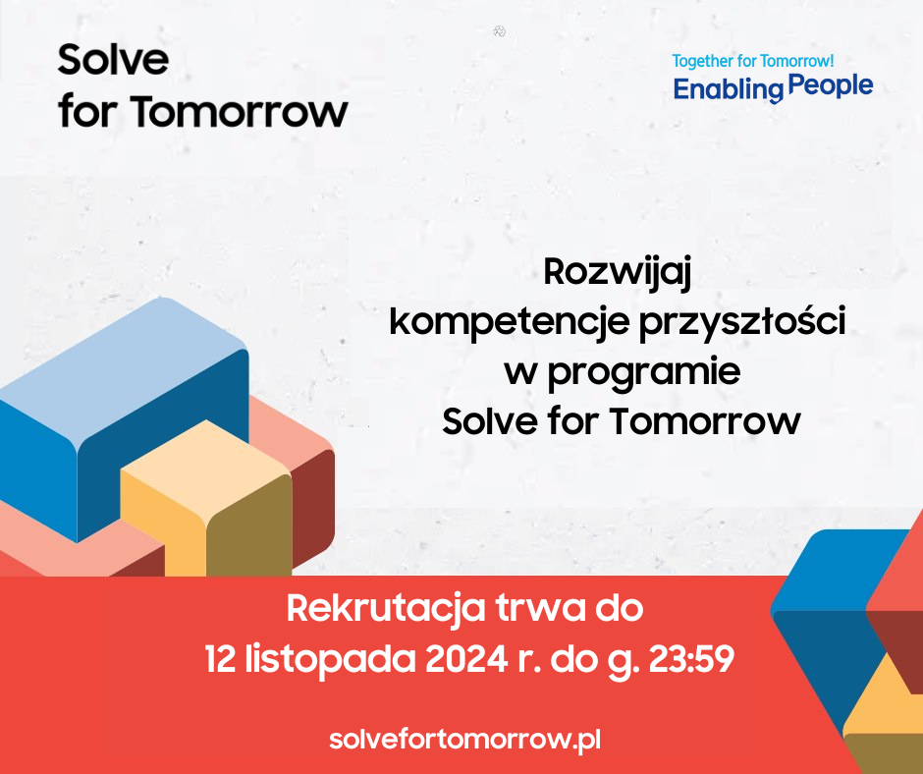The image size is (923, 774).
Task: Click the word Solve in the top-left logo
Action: [113, 60]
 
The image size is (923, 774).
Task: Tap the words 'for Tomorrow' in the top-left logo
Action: [203, 111]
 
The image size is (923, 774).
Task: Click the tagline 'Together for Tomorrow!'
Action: [753, 61]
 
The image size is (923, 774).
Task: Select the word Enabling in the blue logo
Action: [728, 90]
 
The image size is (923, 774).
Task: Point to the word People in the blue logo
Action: [830, 86]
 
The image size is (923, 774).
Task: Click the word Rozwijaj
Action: [617, 273]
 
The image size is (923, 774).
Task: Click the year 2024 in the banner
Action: [466, 659]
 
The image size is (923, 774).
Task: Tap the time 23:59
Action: [691, 659]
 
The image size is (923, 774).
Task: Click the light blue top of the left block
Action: [124, 364]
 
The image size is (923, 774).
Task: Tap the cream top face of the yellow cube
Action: [206, 465]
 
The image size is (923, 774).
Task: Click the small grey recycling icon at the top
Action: [499, 31]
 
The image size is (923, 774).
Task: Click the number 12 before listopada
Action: [220, 659]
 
